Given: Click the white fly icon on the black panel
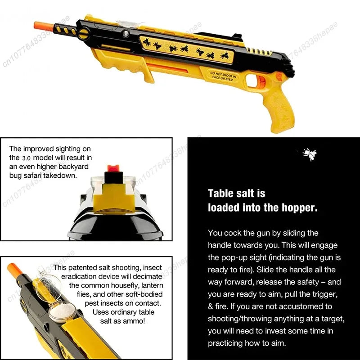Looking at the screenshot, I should [x=309, y=154].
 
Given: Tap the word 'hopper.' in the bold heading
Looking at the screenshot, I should [x=300, y=207].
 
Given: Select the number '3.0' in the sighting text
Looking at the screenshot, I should [x=27, y=158].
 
